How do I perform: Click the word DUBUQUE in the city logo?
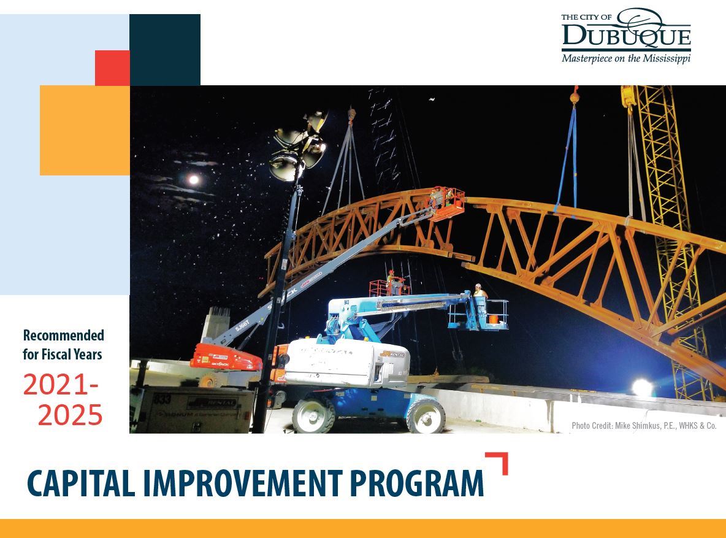coord(626,35)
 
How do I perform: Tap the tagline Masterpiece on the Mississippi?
coord(626,58)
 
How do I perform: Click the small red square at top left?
coord(112,67)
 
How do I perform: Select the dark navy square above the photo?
coord(165,50)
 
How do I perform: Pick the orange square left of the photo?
coord(85,130)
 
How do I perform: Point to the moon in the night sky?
coord(194,179)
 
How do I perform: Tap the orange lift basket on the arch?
coord(446,204)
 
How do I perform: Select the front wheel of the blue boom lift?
coord(426,416)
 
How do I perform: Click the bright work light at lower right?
coord(642,388)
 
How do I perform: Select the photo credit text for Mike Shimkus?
coord(644,425)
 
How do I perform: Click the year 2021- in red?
coord(61,384)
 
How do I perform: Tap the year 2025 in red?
coord(70,415)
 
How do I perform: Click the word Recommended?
coord(63,335)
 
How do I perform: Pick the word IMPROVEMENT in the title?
coord(243,483)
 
